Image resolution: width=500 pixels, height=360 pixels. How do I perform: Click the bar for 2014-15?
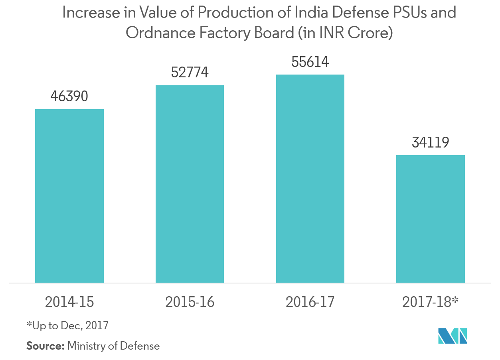(69, 196)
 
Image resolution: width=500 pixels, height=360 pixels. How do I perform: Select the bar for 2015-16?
(190, 184)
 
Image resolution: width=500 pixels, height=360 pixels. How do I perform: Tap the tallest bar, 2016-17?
(310, 179)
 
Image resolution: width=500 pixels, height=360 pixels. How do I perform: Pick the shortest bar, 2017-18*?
(430, 219)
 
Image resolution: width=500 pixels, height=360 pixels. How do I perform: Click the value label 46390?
(69, 96)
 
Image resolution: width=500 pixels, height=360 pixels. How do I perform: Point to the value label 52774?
(190, 73)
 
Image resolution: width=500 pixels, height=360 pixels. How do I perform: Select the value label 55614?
(310, 62)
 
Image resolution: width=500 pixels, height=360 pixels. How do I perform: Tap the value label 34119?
(430, 142)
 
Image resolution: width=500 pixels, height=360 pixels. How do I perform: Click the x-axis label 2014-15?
(69, 302)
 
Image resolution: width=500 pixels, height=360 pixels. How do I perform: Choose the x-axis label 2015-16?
(190, 302)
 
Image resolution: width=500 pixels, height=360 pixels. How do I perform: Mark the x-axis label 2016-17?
(310, 302)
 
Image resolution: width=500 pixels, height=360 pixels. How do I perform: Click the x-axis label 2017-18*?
(430, 302)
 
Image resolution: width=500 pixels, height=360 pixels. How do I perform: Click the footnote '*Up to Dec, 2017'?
(67, 325)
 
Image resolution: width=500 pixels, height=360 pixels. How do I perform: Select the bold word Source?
(45, 346)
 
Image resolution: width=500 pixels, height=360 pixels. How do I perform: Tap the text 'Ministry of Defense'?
(113, 346)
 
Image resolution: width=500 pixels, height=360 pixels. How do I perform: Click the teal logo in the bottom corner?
(453, 336)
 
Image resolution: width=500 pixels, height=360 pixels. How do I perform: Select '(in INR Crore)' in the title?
(346, 33)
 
